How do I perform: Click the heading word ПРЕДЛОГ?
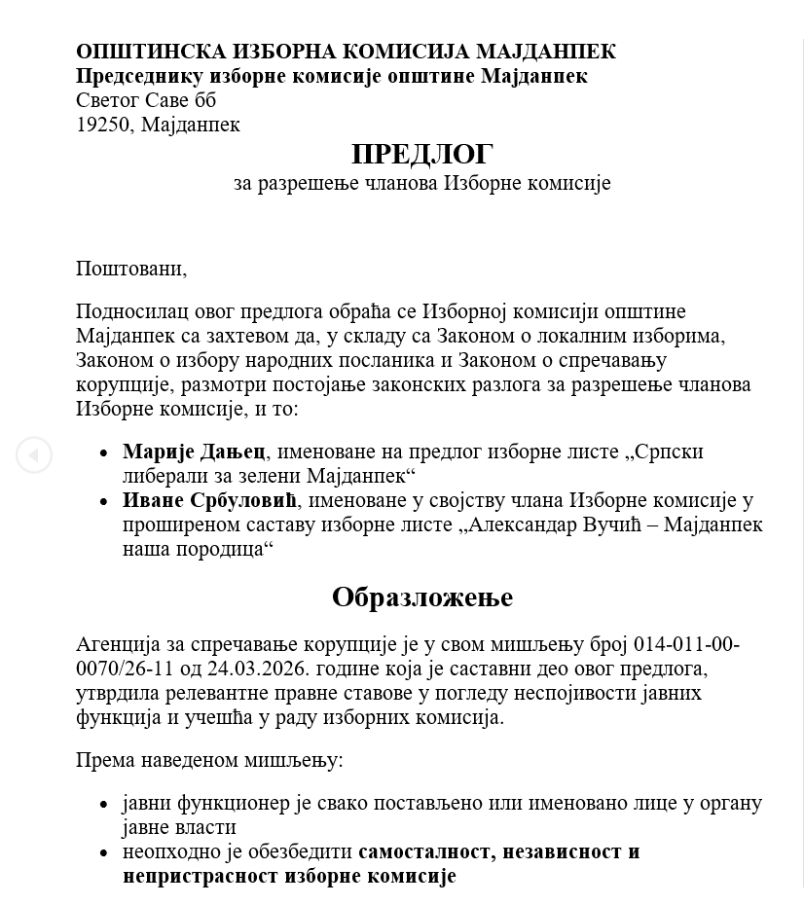tap(421, 154)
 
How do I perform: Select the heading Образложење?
tap(421, 597)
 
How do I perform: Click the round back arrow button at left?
tap(34, 454)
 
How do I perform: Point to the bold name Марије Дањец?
tap(194, 452)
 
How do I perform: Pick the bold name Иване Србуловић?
tap(209, 500)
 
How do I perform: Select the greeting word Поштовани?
tap(130, 268)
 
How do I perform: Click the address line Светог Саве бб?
tap(146, 100)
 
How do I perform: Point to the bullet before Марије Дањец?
tap(104, 452)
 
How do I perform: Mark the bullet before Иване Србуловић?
tap(104, 501)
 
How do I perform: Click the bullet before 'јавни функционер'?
tap(104, 805)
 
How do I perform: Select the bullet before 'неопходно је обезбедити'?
tap(104, 852)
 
